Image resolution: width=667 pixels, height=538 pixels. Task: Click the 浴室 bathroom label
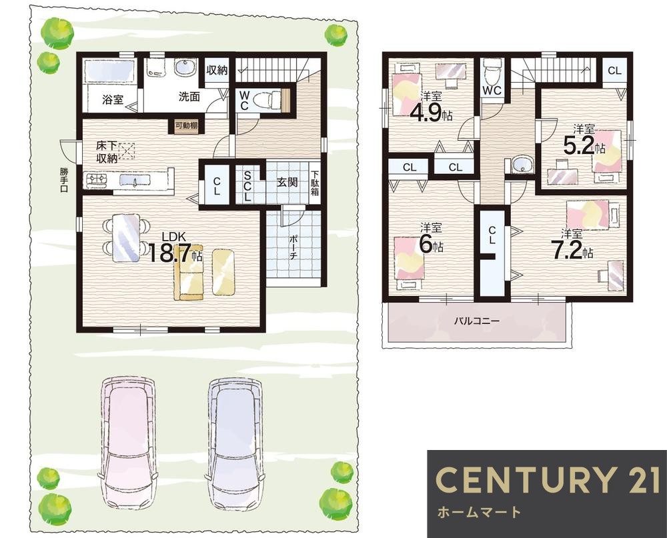(x=113, y=99)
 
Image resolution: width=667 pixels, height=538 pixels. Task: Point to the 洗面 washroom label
(x=189, y=97)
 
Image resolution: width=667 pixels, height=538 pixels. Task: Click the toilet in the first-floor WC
(x=267, y=101)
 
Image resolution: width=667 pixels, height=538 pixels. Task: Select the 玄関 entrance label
(x=287, y=182)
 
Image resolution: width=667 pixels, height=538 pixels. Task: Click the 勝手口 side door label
(x=64, y=180)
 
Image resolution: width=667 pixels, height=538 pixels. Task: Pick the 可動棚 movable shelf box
(x=186, y=126)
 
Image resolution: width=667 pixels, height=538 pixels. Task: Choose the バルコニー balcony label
(x=476, y=321)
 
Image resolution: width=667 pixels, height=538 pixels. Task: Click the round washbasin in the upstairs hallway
(x=522, y=165)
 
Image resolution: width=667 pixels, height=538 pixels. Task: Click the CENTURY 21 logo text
(x=548, y=479)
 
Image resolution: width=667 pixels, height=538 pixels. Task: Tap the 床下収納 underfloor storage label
(x=107, y=152)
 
